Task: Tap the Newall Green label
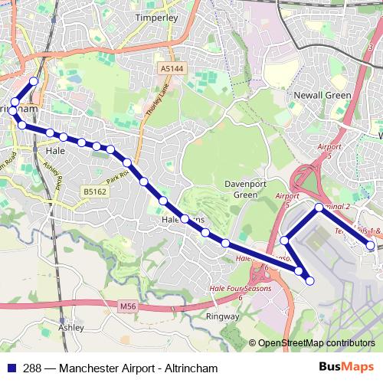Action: tap(322, 96)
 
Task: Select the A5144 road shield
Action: tap(173, 69)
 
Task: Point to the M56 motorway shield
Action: tap(128, 306)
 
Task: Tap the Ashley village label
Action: tap(70, 326)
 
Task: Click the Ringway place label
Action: tap(224, 315)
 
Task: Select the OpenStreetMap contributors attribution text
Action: tap(316, 343)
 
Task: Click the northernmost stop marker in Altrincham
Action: tap(33, 81)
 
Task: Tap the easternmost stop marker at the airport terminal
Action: tap(371, 246)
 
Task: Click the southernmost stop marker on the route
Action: tap(310, 281)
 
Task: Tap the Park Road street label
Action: tap(116, 175)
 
